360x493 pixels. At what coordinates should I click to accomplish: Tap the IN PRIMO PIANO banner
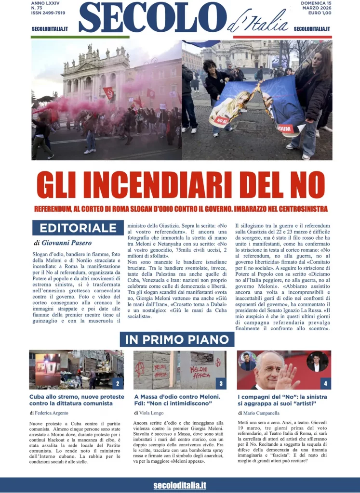(177, 339)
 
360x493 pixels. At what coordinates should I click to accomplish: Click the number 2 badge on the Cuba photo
(117, 384)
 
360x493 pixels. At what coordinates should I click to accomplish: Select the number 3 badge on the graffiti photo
(220, 384)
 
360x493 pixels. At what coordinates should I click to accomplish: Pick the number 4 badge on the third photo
(325, 384)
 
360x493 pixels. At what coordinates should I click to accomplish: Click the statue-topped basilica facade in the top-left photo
(96, 72)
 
